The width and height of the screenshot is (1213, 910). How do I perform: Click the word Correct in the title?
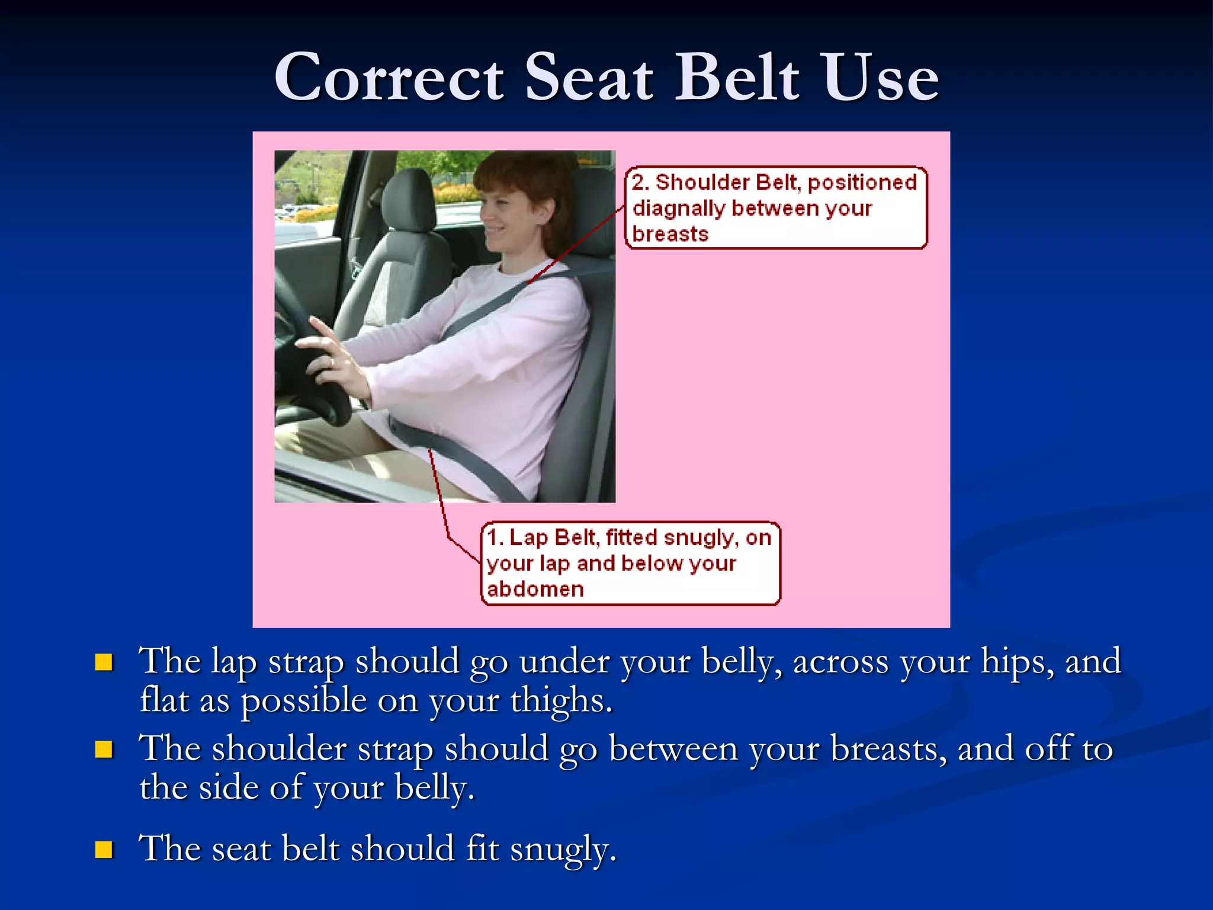389,78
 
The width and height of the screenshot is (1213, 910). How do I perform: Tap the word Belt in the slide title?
737,78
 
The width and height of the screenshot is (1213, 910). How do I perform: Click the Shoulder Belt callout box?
776,208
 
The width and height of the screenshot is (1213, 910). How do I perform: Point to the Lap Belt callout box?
630,563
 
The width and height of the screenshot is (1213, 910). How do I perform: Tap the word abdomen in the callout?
535,589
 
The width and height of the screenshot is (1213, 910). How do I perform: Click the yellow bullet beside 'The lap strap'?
104,662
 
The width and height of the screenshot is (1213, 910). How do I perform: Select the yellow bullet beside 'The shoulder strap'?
104,749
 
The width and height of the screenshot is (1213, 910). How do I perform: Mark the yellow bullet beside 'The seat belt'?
104,850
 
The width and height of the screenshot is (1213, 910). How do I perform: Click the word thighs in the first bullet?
560,701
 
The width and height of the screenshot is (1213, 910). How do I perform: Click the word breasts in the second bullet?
888,749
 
